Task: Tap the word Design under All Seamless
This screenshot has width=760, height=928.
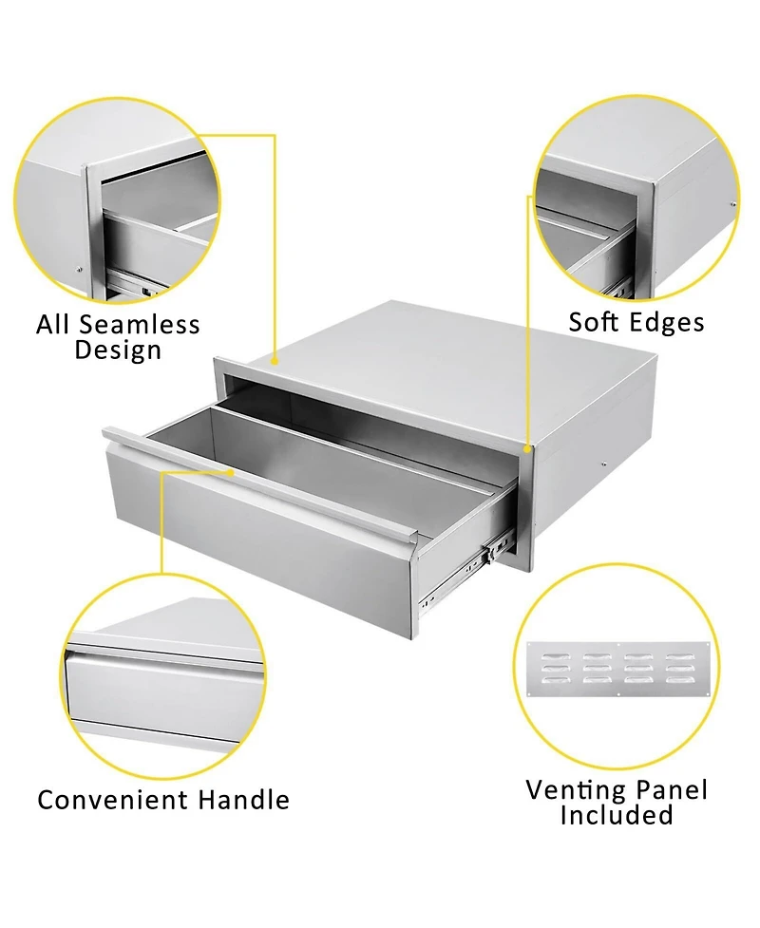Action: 118,350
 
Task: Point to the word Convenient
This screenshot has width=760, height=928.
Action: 113,800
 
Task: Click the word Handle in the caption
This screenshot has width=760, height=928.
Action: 243,800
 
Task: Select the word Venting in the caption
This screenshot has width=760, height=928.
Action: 576,789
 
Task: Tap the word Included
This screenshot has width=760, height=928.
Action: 616,815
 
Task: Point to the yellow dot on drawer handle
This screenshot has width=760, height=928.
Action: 231,470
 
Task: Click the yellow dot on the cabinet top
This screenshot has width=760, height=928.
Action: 275,361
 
